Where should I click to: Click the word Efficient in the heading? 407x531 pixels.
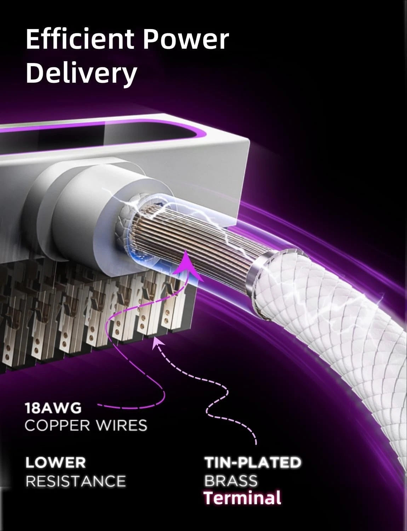80,39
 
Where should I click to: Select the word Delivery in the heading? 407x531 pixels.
81,73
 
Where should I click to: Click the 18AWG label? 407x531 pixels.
53,408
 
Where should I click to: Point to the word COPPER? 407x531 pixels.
58,426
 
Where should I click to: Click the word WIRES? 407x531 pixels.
121,426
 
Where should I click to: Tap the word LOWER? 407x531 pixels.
56,463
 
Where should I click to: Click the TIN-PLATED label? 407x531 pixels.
253,462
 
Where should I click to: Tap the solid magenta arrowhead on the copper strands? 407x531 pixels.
187,265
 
